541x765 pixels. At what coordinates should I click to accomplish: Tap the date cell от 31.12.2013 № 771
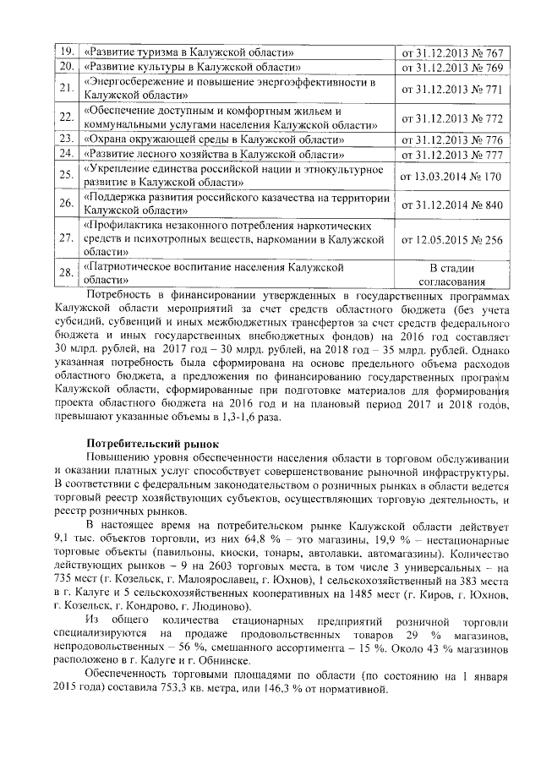pyautogui.click(x=451, y=88)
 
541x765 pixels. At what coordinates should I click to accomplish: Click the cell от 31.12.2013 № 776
pyautogui.click(x=451, y=139)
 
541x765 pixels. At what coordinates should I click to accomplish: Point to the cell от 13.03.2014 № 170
pyautogui.click(x=451, y=176)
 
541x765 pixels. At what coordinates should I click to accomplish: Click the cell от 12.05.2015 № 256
pyautogui.click(x=451, y=240)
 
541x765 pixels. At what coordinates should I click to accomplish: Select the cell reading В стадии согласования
pyautogui.click(x=451, y=276)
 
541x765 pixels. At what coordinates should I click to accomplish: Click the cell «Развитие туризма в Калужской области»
pyautogui.click(x=189, y=52)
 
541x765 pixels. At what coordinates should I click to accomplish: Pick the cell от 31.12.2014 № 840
pyautogui.click(x=451, y=205)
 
